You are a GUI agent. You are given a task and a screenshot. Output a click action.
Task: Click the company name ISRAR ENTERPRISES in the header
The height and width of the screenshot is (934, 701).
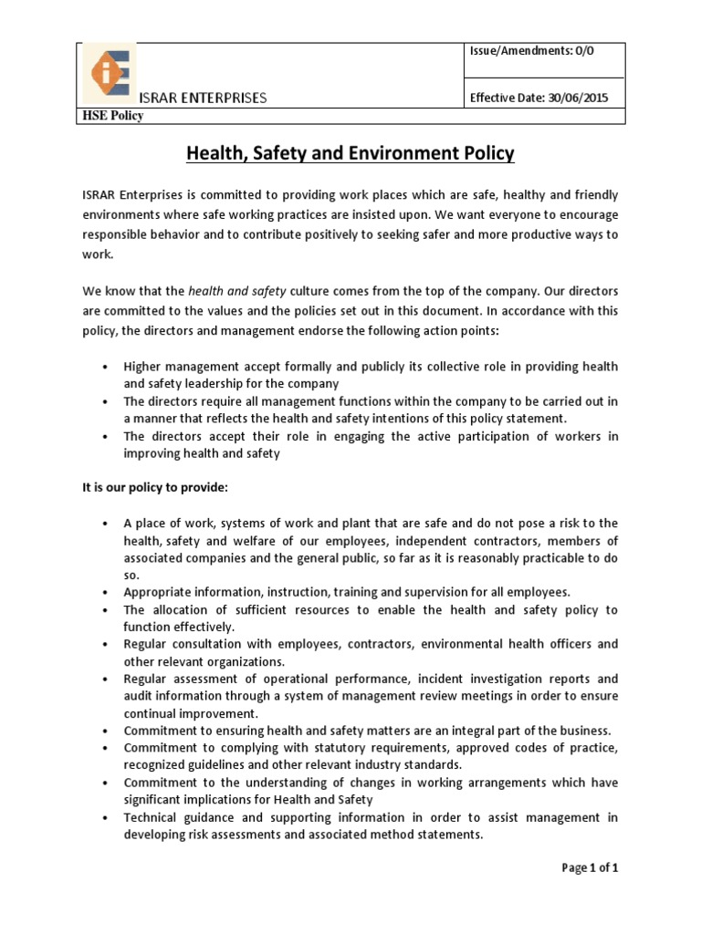[x=203, y=98]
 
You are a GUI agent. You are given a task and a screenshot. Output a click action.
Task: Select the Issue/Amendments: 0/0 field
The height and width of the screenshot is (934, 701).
[x=531, y=52]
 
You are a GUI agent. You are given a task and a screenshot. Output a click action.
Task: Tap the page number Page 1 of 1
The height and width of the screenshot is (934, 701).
[x=590, y=868]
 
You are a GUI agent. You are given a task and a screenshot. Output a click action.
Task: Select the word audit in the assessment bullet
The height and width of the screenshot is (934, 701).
[x=139, y=696]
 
